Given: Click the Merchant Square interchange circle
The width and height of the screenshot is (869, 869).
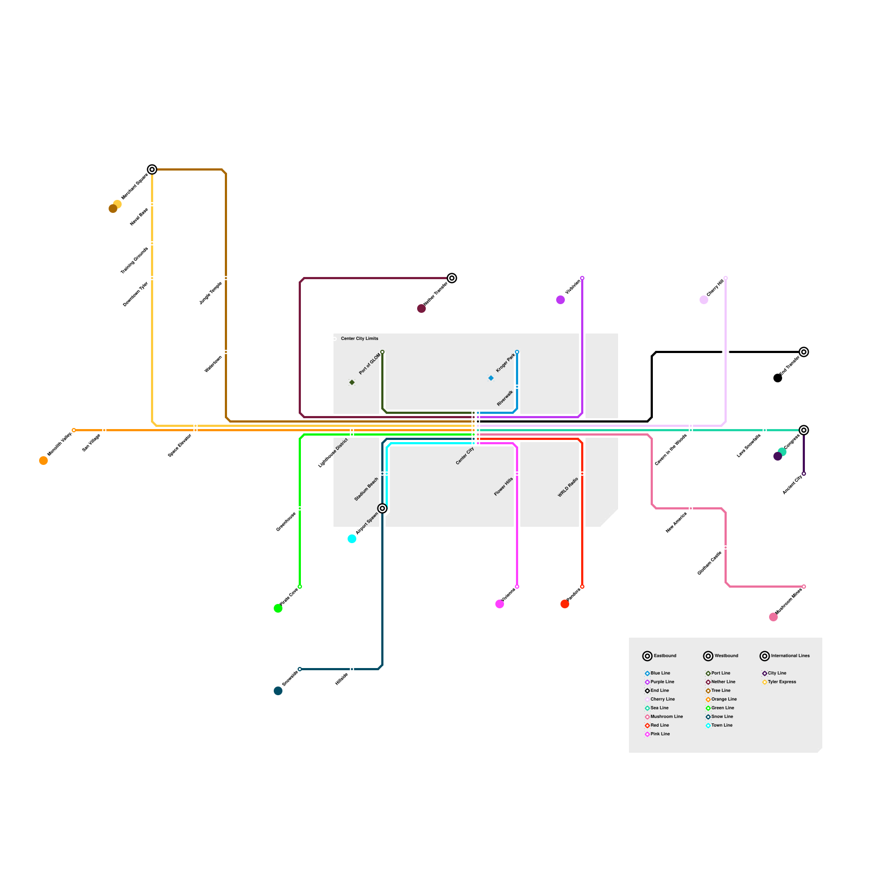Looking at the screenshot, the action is [152, 169].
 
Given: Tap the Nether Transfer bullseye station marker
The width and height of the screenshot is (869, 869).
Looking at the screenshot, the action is [452, 278].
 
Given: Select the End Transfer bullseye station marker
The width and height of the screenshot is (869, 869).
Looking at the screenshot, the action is [804, 352].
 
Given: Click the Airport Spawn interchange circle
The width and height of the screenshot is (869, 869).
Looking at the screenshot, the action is [382, 508].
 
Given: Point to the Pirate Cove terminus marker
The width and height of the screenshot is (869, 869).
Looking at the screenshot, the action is [300, 587].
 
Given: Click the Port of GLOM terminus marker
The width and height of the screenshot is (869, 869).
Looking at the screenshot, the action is [382, 352].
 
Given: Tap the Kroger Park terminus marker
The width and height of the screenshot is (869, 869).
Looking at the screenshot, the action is [517, 352].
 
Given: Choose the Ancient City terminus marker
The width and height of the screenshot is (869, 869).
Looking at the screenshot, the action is [804, 474].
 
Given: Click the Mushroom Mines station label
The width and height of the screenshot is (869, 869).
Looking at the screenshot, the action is [788, 602].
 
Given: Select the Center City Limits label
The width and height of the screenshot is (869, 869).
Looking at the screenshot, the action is [360, 338].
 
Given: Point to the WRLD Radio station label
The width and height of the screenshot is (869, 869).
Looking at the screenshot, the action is [568, 488].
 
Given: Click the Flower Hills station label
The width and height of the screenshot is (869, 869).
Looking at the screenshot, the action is [503, 487].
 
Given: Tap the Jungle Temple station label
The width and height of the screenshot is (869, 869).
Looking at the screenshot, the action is [211, 293].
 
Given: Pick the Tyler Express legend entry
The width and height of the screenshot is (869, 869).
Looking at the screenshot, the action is [782, 682].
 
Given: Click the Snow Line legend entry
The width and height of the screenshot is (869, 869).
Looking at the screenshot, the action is [722, 716].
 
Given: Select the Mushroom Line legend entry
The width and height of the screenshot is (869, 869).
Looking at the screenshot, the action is [666, 716].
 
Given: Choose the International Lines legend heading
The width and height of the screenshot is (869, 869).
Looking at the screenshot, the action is [790, 656].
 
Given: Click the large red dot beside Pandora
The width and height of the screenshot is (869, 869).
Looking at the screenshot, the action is [565, 604].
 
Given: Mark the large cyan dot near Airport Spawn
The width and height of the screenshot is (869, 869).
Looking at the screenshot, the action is [352, 539].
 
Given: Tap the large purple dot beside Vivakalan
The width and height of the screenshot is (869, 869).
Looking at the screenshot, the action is [561, 300].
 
